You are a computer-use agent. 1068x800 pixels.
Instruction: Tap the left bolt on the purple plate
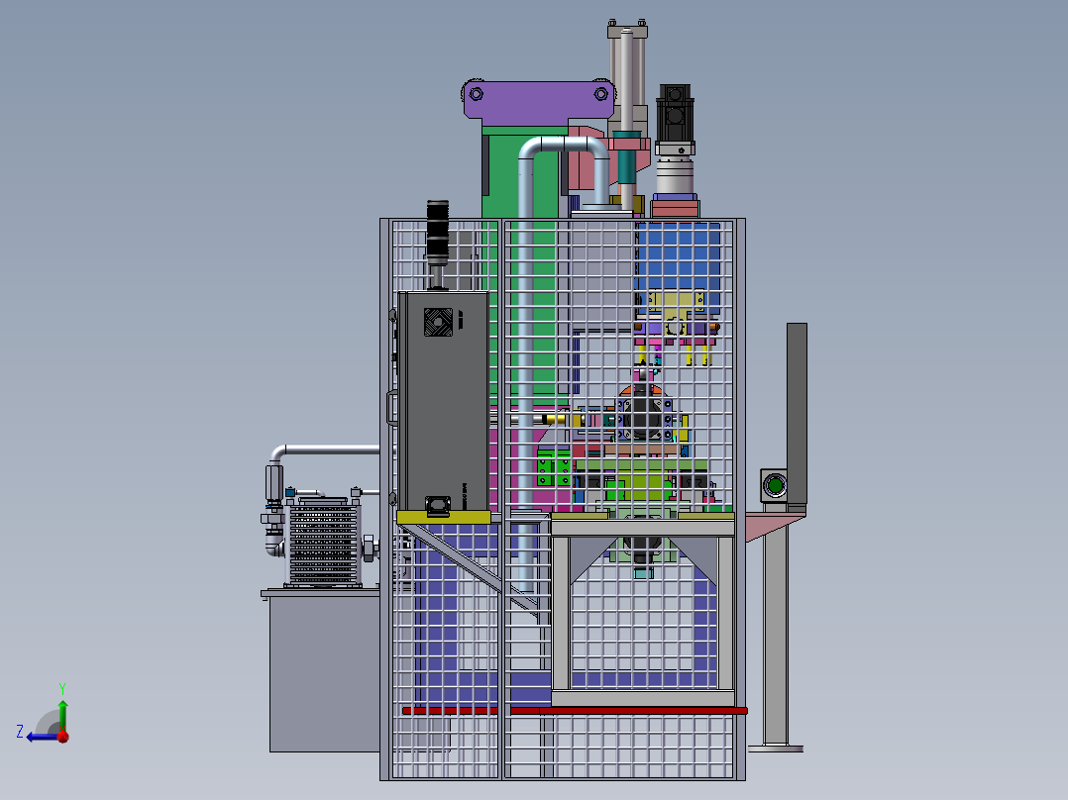click(477, 94)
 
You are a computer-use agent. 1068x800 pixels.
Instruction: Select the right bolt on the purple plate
click(600, 94)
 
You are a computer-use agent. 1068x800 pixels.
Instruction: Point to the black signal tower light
click(437, 232)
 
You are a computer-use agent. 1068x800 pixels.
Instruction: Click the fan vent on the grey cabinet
click(438, 322)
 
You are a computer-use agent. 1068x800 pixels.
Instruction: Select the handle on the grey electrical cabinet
click(391, 408)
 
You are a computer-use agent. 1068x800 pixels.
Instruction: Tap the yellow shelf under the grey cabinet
click(444, 518)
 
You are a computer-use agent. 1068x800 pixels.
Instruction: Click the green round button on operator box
click(774, 485)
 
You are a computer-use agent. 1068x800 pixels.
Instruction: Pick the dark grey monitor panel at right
click(797, 414)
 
